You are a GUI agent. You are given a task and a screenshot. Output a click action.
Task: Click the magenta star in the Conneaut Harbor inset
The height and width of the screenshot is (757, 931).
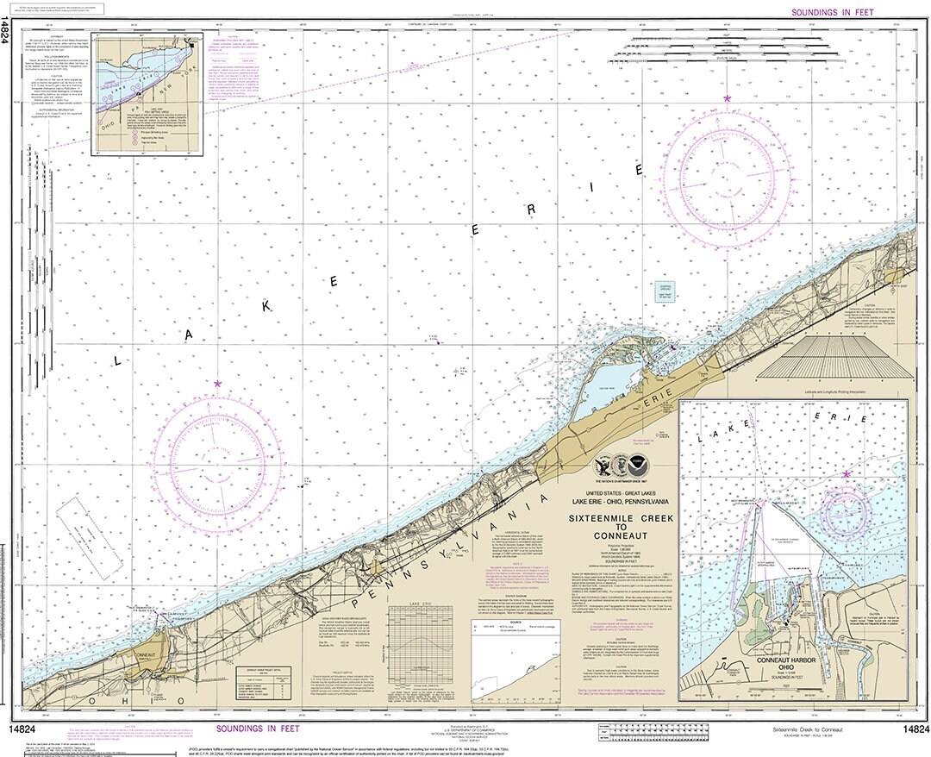(x=846, y=474)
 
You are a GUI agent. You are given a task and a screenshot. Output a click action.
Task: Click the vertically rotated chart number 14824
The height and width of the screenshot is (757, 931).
(x=6, y=34)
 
